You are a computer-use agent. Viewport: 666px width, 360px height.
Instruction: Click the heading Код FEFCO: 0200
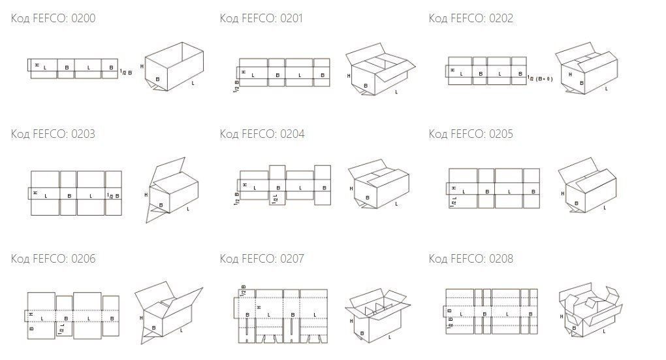point(53,18)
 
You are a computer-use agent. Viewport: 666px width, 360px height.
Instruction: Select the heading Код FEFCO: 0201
point(261,18)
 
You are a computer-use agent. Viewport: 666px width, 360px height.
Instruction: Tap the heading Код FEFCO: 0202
point(471,18)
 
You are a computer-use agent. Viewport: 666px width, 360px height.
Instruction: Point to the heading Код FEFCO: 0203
point(53,134)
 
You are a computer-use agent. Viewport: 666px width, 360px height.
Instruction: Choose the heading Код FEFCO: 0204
point(261,134)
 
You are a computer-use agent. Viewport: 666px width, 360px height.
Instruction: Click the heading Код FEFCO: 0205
point(471,134)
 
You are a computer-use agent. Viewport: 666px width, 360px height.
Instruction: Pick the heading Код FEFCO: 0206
point(53,259)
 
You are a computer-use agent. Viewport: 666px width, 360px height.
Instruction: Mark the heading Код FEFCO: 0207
point(261,259)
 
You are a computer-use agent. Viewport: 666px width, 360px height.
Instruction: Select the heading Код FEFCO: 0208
point(471,259)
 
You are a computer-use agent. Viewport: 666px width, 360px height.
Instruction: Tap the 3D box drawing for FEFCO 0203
point(171,189)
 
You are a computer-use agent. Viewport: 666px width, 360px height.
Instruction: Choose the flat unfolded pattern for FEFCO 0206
point(73,316)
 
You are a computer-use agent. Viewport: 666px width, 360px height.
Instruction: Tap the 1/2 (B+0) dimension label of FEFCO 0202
point(540,78)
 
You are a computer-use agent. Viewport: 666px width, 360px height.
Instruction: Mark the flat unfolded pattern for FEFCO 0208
point(493,311)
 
